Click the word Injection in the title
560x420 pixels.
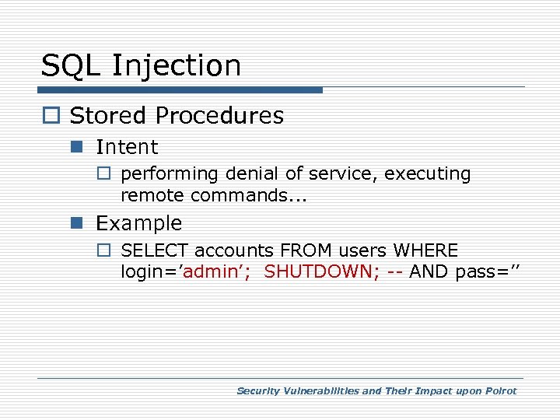(x=177, y=67)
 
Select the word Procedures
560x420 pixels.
(x=219, y=116)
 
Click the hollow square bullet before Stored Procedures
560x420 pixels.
(x=51, y=117)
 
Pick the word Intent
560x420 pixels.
(x=126, y=147)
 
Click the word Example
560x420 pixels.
(x=138, y=223)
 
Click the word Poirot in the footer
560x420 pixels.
(x=501, y=391)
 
